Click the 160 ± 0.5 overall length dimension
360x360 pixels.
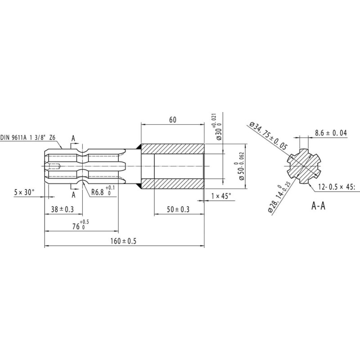(x=123, y=241)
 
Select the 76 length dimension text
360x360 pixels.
(x=81, y=225)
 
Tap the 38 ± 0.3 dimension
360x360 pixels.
(x=62, y=209)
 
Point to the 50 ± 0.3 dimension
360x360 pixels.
(x=178, y=209)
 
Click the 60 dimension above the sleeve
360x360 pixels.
(x=173, y=120)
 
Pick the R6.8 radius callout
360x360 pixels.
(x=103, y=191)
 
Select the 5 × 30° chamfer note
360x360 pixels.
(x=24, y=192)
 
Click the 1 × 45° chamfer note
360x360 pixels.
(x=221, y=196)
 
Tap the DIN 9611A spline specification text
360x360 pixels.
(x=28, y=138)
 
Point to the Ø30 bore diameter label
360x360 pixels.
(x=217, y=126)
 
